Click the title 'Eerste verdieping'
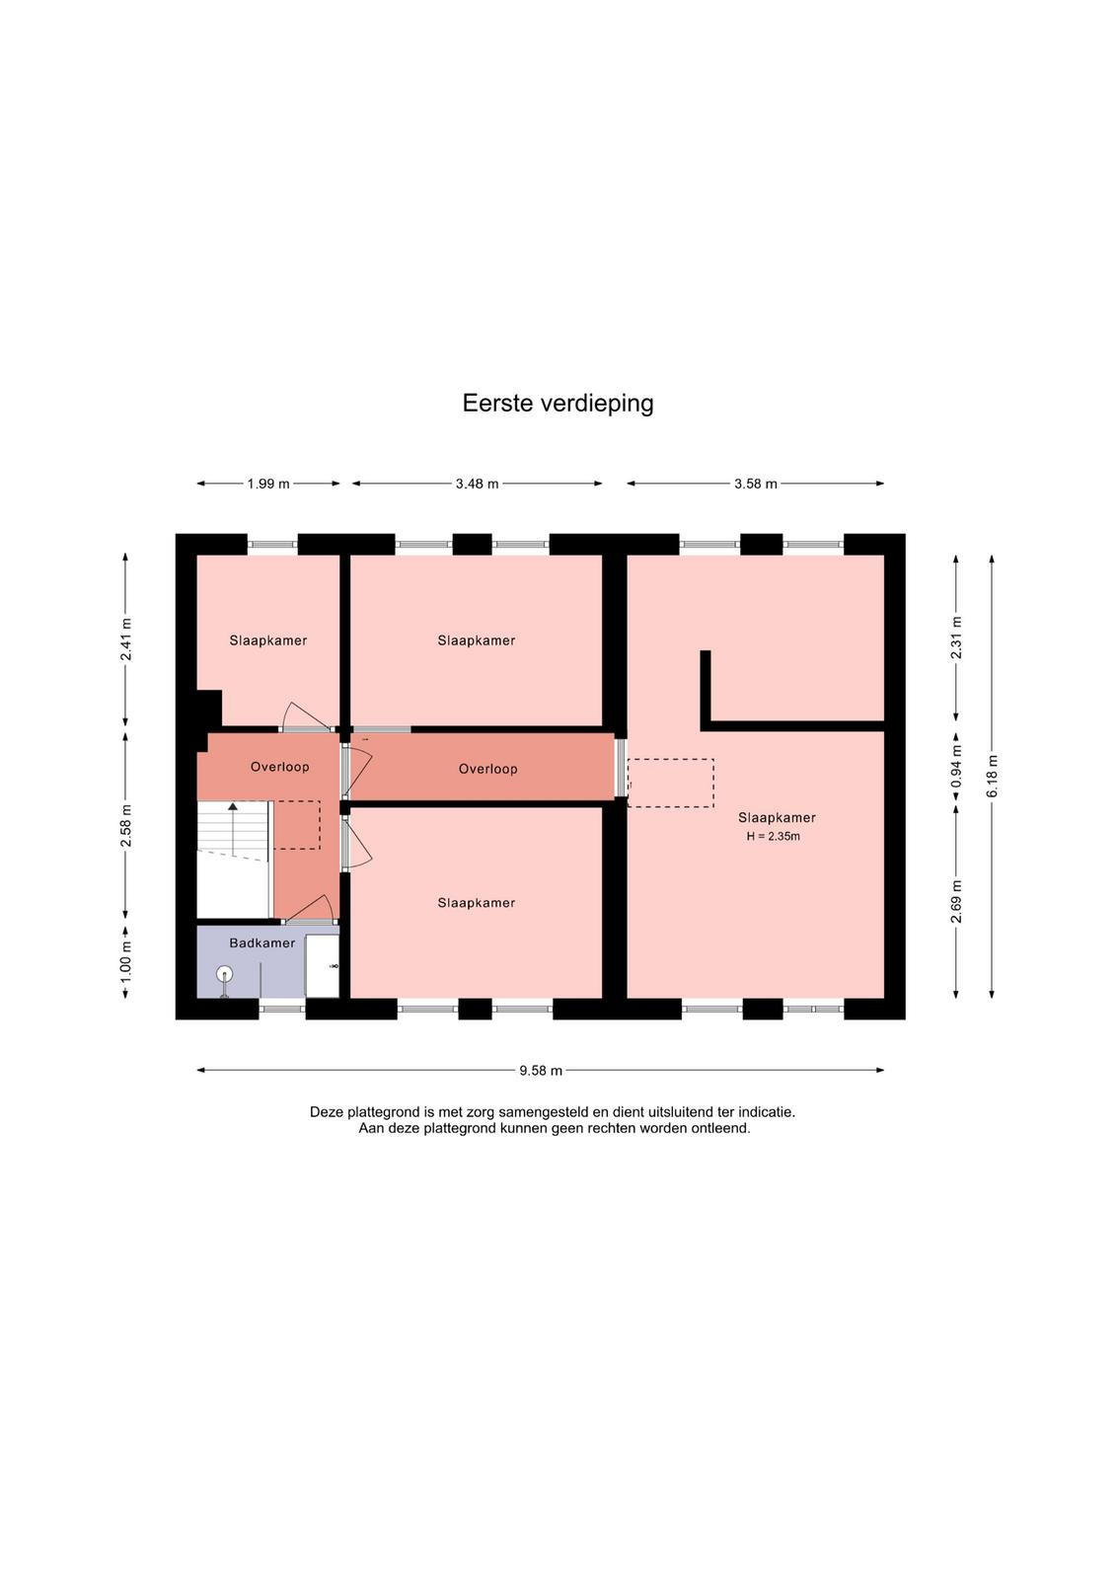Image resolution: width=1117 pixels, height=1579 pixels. (x=558, y=404)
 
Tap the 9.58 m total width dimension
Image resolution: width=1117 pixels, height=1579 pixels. (x=541, y=1071)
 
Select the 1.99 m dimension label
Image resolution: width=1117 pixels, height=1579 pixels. (x=268, y=485)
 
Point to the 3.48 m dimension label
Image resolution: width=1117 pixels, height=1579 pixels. (x=478, y=485)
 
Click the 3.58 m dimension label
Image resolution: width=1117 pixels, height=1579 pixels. (x=756, y=485)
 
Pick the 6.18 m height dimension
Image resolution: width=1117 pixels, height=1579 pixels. (x=993, y=776)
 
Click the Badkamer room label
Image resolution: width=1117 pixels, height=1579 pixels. (x=262, y=943)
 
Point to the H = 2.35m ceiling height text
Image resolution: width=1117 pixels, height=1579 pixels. (x=773, y=838)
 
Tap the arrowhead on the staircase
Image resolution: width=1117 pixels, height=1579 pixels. (x=233, y=806)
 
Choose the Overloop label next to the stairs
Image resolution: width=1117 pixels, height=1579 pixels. (x=280, y=767)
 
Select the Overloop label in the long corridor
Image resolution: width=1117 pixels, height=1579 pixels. (x=487, y=769)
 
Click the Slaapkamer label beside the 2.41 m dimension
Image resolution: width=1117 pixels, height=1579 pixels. (x=267, y=640)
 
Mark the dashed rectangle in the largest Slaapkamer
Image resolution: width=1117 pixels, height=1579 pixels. (x=670, y=784)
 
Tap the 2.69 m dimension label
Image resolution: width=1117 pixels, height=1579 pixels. (x=956, y=901)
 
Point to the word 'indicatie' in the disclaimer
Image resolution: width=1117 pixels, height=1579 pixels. (x=766, y=1112)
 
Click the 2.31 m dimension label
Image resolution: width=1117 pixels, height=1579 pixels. (x=956, y=638)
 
